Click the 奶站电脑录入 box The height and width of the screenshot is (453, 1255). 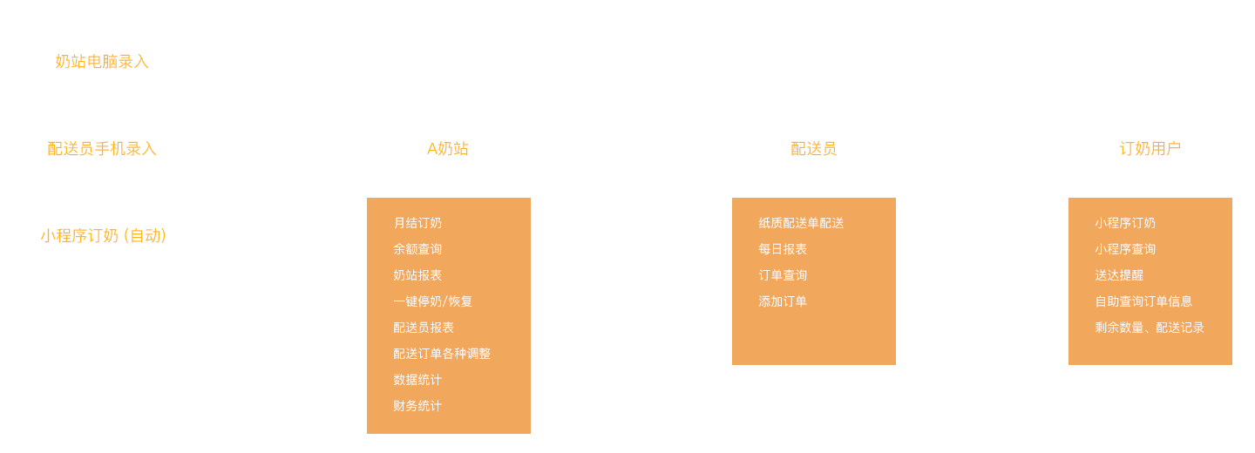(x=102, y=62)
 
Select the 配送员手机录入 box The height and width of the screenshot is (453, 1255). (x=102, y=149)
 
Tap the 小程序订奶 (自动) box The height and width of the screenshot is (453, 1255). (x=103, y=236)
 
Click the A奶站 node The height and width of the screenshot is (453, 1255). (x=447, y=149)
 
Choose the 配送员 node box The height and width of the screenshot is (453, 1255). (x=813, y=149)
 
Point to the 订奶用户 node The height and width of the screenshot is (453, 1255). (x=1150, y=149)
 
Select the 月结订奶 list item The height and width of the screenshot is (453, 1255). (x=417, y=223)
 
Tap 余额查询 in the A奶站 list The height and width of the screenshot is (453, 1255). (x=417, y=249)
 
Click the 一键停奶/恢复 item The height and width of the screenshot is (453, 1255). (x=432, y=301)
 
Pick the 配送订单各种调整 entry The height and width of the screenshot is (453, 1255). (x=442, y=354)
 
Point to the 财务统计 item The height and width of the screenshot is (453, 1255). (x=417, y=406)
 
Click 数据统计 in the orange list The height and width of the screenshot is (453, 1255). (x=417, y=380)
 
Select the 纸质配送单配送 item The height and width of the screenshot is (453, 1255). (x=801, y=223)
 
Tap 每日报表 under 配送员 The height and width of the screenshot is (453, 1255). (x=783, y=249)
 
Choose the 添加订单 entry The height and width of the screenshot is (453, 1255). (x=783, y=301)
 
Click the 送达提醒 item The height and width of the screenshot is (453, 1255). (x=1119, y=275)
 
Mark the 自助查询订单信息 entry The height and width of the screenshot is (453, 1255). (x=1143, y=301)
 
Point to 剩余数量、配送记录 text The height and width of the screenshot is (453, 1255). (x=1150, y=328)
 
